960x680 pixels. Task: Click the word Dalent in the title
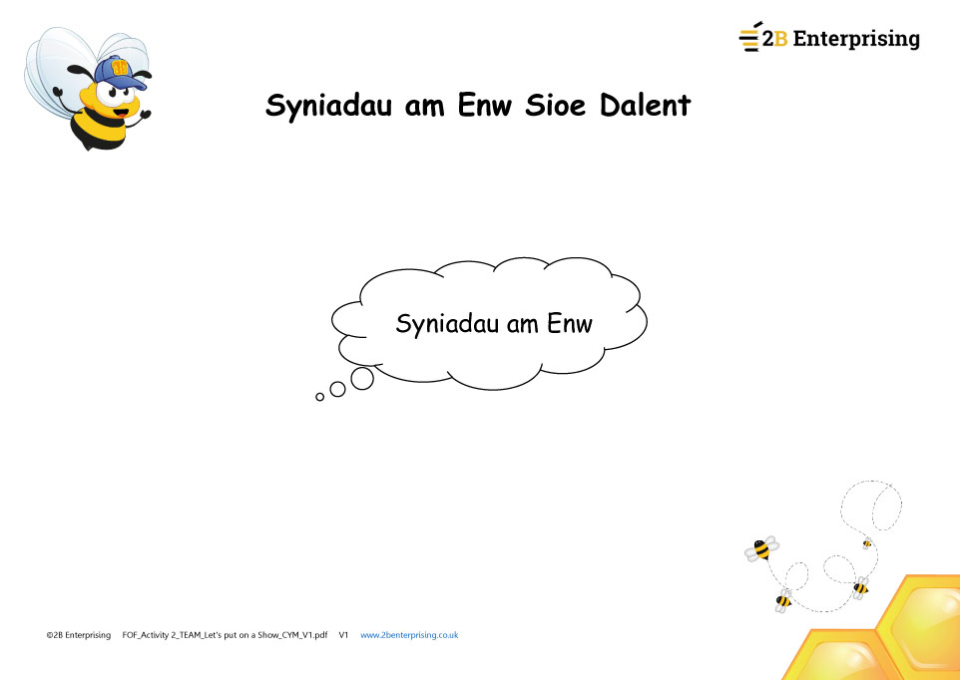point(646,105)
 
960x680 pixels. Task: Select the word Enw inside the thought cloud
point(570,323)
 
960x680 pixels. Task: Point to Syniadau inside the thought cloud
point(447,324)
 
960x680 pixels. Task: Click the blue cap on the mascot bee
point(120,71)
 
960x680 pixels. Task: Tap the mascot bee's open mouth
point(121,113)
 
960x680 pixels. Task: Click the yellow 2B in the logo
point(774,39)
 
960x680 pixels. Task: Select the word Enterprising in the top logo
point(856,40)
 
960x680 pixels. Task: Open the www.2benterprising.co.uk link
point(409,635)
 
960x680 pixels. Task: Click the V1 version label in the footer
point(343,635)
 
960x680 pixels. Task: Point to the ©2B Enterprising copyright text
point(79,635)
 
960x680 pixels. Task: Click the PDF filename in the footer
point(225,635)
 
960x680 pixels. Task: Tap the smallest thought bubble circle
point(319,397)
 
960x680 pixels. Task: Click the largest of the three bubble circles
point(362,378)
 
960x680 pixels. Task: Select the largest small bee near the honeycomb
point(761,548)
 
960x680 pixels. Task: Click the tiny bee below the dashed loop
point(867,543)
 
